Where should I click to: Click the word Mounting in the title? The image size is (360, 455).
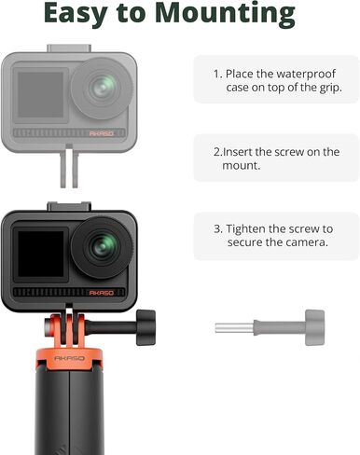point(225,13)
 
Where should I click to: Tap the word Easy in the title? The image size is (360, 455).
point(76,13)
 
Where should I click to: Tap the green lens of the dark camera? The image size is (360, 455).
point(103,247)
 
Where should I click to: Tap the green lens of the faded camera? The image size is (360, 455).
point(103,88)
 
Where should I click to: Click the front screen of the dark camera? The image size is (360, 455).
point(41,254)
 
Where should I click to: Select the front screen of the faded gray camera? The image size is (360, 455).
point(41,95)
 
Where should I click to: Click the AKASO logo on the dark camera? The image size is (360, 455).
point(102,293)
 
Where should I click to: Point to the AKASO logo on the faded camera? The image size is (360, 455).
point(102,133)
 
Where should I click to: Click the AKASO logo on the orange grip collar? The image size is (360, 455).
point(69,358)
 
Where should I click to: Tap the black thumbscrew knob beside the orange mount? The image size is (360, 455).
point(145,327)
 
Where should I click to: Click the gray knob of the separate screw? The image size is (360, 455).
point(314,327)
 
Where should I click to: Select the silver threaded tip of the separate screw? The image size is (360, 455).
point(234,328)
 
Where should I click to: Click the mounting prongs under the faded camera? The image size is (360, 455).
point(69,167)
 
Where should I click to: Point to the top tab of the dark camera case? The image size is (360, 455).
point(69,206)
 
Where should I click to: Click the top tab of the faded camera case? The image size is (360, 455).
point(69,48)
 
